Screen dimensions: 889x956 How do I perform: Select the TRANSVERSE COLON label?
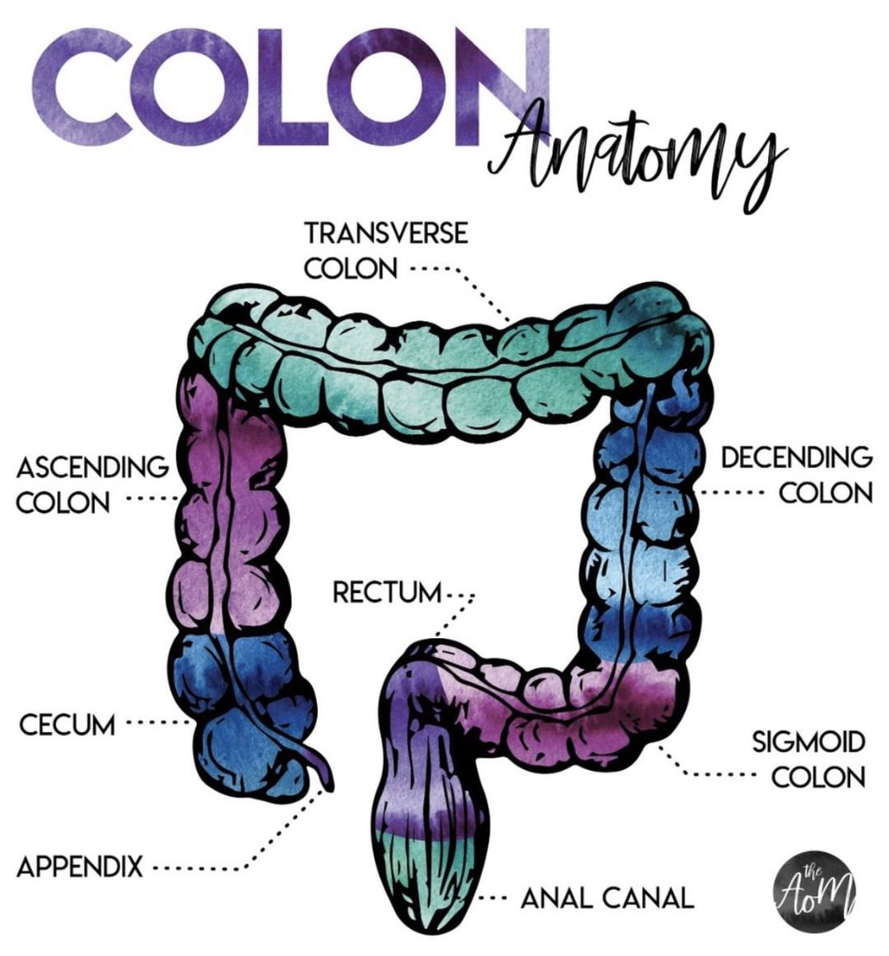386,250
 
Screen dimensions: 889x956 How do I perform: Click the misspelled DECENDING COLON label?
796,475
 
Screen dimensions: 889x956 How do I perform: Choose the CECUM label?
67,725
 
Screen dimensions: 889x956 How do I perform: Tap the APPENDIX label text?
80,865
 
